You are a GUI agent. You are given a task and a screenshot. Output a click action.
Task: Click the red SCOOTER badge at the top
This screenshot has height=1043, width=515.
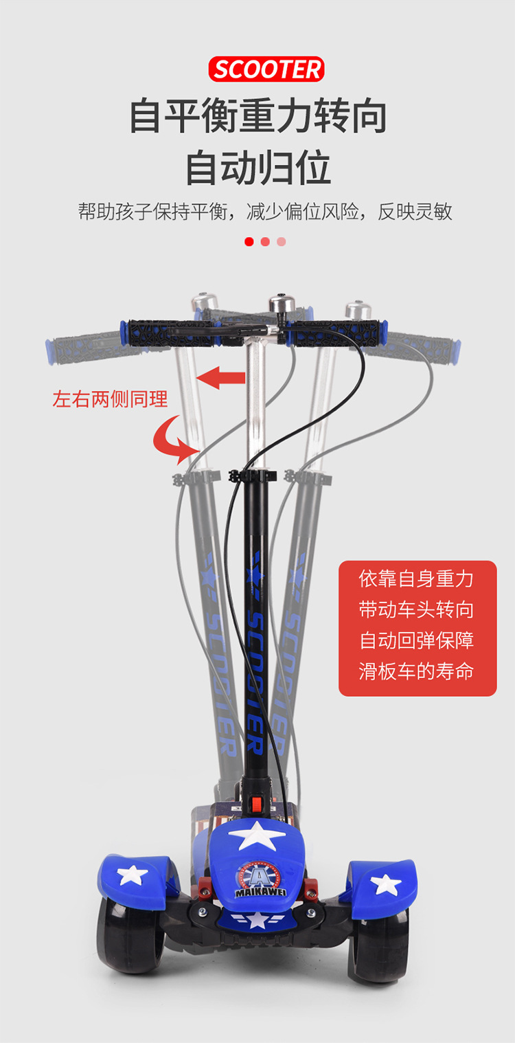tap(266, 69)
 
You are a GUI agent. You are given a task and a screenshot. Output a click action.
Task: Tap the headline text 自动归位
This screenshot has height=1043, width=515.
tap(258, 167)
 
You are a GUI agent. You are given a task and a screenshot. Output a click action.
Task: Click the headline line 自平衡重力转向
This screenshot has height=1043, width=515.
tap(258, 116)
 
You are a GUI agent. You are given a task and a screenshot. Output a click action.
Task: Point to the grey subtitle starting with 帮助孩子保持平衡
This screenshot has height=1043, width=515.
tap(265, 212)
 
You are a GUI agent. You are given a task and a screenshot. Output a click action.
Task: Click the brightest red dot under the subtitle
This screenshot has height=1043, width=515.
tap(249, 242)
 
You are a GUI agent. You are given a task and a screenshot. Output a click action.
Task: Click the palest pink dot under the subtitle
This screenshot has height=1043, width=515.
tap(282, 242)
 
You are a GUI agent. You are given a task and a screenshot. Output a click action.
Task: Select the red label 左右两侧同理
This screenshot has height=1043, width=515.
tap(110, 399)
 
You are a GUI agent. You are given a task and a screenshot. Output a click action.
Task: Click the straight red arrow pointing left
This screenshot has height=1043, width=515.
tap(221, 377)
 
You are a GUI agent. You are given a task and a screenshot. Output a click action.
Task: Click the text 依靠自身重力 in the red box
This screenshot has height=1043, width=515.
tap(416, 579)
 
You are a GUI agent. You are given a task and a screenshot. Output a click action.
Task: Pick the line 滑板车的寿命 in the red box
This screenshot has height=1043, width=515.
tap(416, 671)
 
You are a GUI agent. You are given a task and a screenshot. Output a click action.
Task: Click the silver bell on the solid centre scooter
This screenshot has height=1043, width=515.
tap(279, 304)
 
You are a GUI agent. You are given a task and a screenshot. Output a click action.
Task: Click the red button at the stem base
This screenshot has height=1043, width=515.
tap(257, 803)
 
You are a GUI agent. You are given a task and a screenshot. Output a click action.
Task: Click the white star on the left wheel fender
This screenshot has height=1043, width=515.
tap(132, 875)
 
